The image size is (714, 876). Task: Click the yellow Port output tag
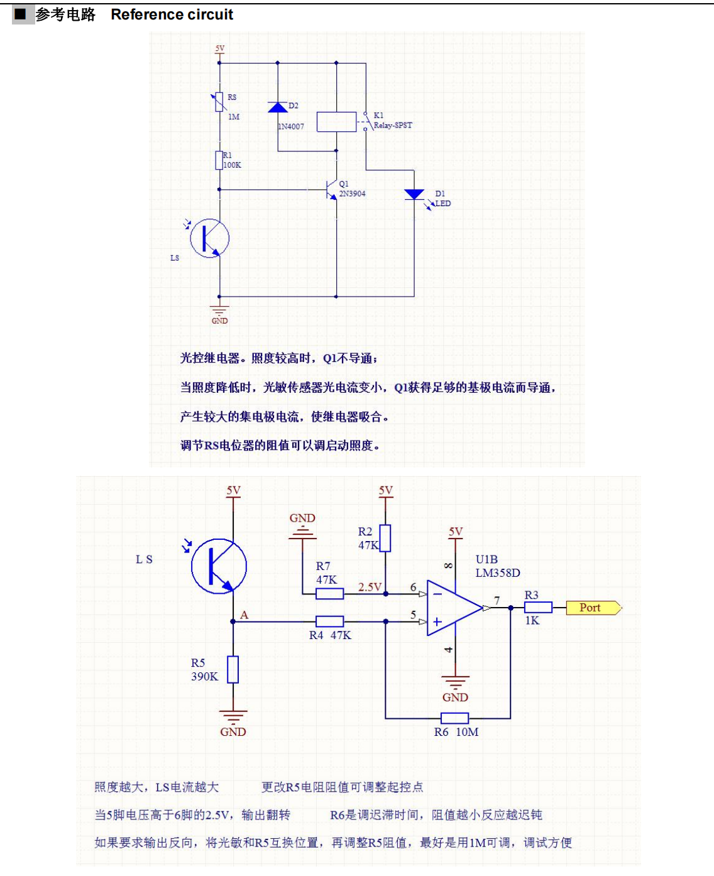[x=592, y=608]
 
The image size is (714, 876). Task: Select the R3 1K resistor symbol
[x=538, y=607]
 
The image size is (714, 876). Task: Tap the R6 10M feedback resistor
[x=454, y=718]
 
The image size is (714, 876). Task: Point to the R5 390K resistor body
[x=233, y=669]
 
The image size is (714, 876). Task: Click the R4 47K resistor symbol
[x=329, y=621]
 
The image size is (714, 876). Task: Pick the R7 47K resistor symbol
[x=329, y=593]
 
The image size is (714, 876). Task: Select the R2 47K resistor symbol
[x=385, y=538]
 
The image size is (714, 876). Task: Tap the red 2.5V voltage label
[x=370, y=587]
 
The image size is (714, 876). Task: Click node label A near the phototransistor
[x=244, y=615]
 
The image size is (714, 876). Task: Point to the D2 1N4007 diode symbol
[x=278, y=107]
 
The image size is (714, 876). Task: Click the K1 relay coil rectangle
[x=336, y=122]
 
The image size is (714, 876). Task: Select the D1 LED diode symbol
[x=414, y=194]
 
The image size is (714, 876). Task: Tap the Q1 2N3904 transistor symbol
[x=331, y=189]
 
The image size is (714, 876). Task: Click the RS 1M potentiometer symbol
[x=220, y=102]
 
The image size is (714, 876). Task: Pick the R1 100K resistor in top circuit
[x=219, y=160]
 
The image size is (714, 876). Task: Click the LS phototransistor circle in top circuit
[x=209, y=238]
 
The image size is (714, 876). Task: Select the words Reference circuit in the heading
[x=172, y=14]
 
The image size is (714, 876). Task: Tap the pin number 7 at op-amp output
[x=497, y=601]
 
